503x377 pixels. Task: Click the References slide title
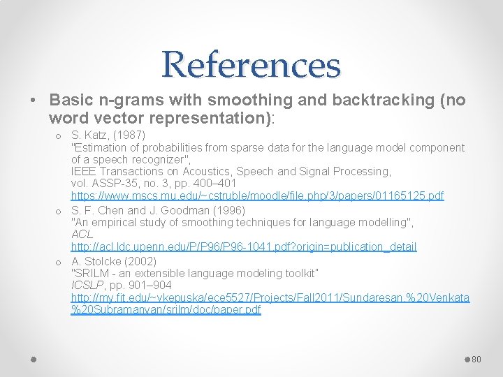tap(251, 64)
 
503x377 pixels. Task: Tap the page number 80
tap(477, 359)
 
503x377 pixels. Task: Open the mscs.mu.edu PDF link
tap(257, 196)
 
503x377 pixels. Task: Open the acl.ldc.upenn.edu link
tap(244, 246)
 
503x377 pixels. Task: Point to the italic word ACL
tap(82, 234)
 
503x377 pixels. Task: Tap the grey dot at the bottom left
tap(34, 359)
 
